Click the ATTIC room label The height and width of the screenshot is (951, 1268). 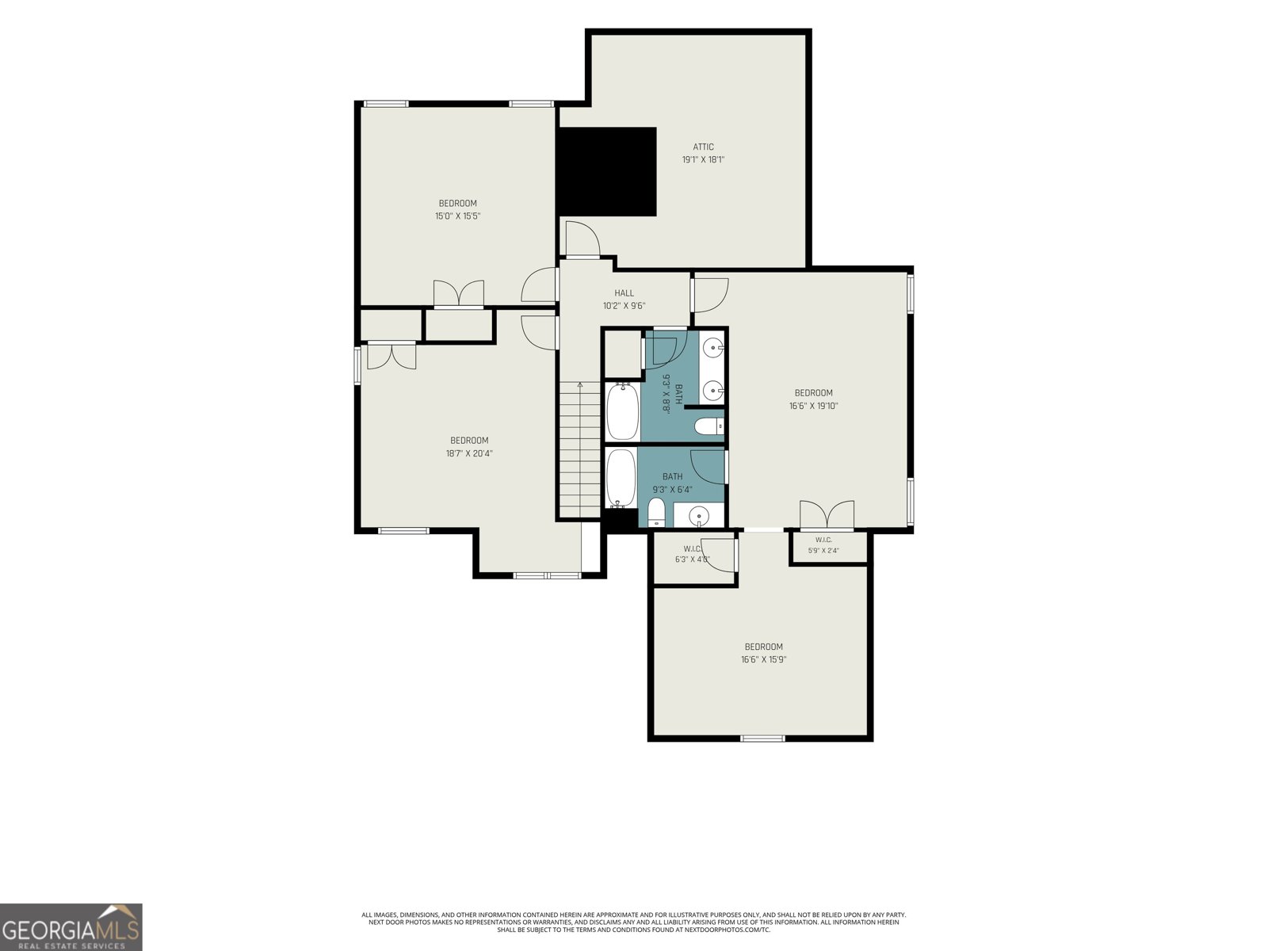pyautogui.click(x=703, y=147)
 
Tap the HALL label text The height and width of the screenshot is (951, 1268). pyautogui.click(x=624, y=293)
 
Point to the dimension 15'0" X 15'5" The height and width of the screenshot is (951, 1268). pyautogui.click(x=457, y=216)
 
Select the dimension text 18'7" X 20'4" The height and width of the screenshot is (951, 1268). pyautogui.click(x=469, y=453)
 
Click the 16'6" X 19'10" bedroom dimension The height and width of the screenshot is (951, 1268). pyautogui.click(x=813, y=406)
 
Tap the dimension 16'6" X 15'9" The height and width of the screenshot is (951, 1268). pyautogui.click(x=764, y=659)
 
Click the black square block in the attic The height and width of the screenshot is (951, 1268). pyautogui.click(x=607, y=171)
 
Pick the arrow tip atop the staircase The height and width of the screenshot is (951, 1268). pyautogui.click(x=580, y=383)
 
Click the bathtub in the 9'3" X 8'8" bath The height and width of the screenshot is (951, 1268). pyautogui.click(x=622, y=411)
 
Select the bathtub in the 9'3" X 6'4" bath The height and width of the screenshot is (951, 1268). pyautogui.click(x=621, y=479)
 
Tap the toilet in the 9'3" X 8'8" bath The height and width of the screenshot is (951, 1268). pyautogui.click(x=708, y=426)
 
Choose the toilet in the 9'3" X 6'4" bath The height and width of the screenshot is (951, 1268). pyautogui.click(x=656, y=513)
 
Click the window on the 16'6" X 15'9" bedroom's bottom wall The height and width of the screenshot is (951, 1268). pyautogui.click(x=762, y=738)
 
